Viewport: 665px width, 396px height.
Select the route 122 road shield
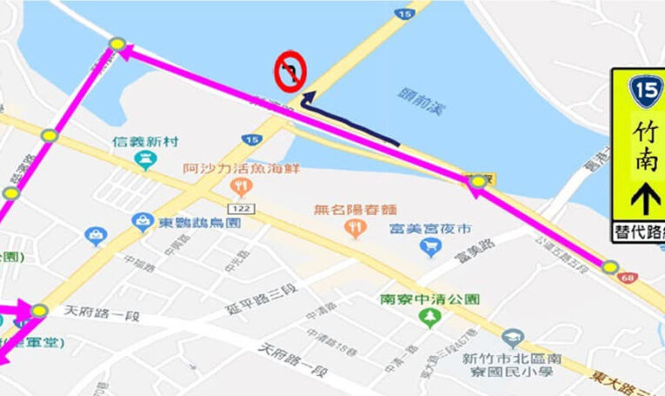(241, 208)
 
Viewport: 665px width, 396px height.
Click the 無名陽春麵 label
(356, 209)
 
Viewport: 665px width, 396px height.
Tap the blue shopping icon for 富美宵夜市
(430, 248)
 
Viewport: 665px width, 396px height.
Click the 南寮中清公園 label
(429, 299)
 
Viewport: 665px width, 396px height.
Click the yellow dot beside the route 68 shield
(610, 267)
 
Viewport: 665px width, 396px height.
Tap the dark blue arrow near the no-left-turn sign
(348, 122)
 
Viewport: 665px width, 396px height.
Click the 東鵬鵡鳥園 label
(199, 223)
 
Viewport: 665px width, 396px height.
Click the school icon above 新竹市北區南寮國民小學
(514, 339)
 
